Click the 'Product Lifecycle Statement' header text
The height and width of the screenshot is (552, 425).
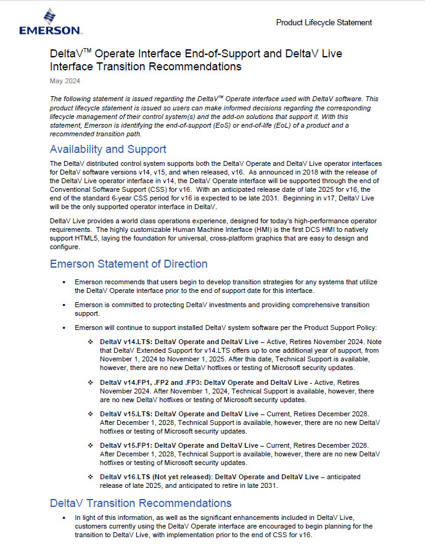[324, 23]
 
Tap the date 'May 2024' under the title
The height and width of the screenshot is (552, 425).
[65, 81]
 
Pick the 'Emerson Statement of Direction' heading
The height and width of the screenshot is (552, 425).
[128, 264]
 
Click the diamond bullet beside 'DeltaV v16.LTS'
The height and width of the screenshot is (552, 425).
[90, 477]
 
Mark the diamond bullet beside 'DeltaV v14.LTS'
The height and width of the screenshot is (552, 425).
[90, 341]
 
